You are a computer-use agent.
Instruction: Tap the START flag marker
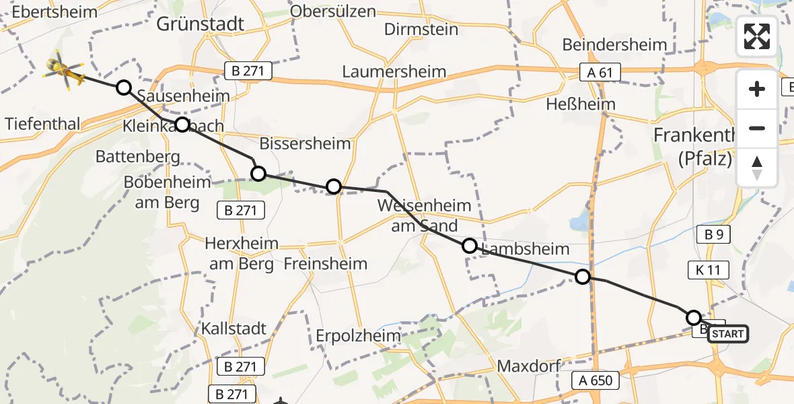(x=727, y=334)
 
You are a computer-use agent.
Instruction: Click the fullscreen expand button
(x=757, y=36)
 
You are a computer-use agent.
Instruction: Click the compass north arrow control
(x=757, y=168)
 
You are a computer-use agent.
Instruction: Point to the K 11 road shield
(x=709, y=271)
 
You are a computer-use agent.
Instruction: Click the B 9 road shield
(x=713, y=234)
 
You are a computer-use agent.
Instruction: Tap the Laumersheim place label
(x=394, y=71)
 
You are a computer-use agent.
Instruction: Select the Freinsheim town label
(x=326, y=263)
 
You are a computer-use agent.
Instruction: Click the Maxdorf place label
(x=524, y=367)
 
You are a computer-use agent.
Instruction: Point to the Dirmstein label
(x=421, y=30)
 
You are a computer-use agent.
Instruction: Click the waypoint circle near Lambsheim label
(x=470, y=246)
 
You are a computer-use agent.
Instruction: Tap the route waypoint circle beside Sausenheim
(x=124, y=88)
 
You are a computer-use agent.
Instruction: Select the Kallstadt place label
(x=234, y=329)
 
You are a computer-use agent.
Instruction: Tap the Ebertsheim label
(x=54, y=11)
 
